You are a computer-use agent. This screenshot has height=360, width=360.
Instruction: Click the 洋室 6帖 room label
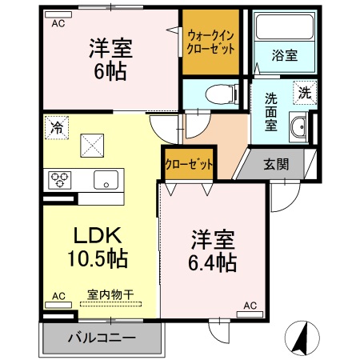pos(111,58)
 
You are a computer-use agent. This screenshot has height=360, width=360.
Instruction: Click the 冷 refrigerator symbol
pos(56,126)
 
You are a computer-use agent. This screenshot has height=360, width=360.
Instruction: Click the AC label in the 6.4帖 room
pos(250,305)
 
